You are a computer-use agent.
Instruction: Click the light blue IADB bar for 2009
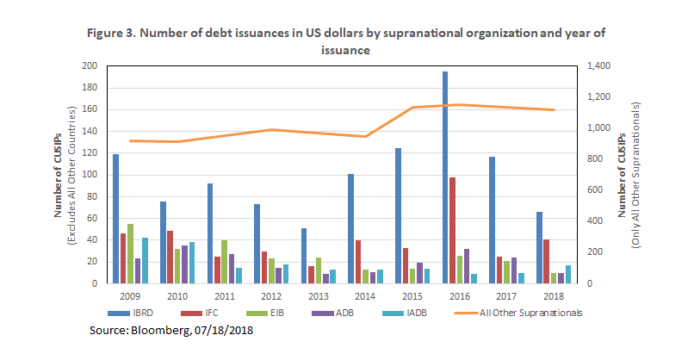[x=146, y=260]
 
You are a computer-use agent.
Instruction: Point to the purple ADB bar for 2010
[x=185, y=264]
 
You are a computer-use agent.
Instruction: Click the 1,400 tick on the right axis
[x=600, y=66]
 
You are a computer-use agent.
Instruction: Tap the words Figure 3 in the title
[x=111, y=34]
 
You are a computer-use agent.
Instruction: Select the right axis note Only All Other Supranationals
[x=636, y=174]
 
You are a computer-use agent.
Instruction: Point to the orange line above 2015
[x=413, y=108]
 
